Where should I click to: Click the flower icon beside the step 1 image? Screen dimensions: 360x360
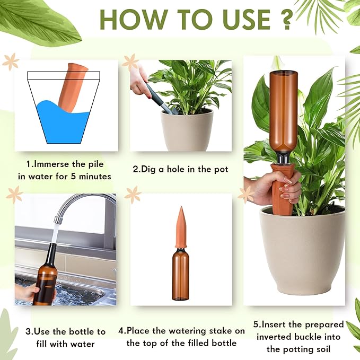(x=10, y=62)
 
